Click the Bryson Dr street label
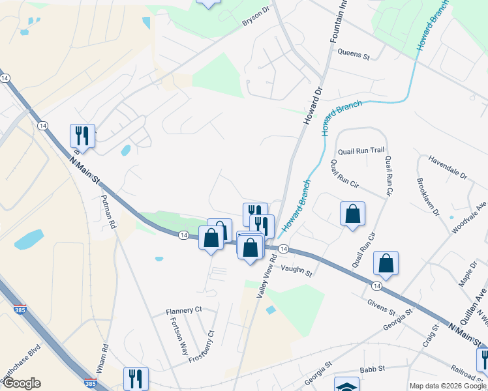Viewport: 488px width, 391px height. pos(256,17)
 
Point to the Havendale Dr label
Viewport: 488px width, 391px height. pos(448,169)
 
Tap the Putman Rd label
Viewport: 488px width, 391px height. pos(108,212)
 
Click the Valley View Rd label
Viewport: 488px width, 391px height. pos(266,276)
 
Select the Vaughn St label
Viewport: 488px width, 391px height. pos(297,270)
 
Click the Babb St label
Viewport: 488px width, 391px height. pos(369,369)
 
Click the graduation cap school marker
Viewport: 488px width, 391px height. pos(346,385)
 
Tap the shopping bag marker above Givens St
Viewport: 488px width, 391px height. pos(386,263)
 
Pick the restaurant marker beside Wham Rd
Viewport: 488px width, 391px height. pos(136,378)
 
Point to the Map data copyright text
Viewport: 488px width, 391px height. pos(448,385)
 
